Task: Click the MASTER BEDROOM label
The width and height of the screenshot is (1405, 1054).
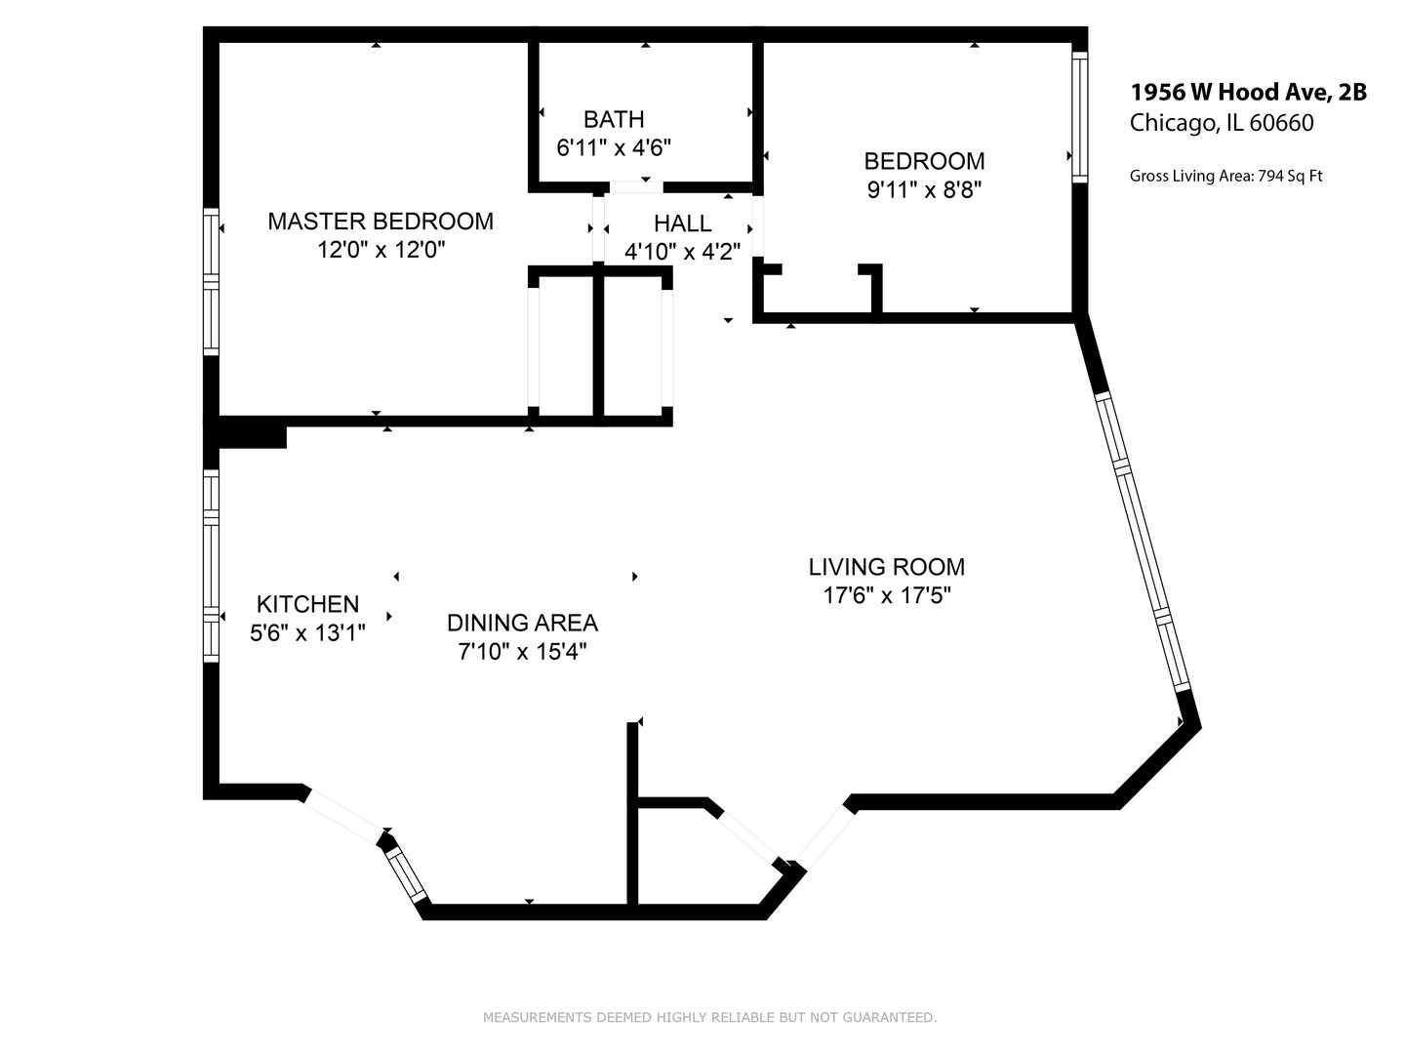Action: [x=381, y=222]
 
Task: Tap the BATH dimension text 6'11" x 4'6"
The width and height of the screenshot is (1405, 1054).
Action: [x=614, y=148]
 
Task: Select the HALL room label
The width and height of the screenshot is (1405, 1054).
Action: [x=682, y=223]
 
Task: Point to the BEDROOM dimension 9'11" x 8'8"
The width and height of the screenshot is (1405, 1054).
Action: [x=923, y=190]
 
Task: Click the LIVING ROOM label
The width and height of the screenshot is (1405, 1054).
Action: [x=886, y=567]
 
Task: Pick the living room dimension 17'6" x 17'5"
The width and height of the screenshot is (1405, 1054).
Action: [x=886, y=595]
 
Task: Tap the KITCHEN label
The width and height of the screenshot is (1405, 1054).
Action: [x=307, y=604]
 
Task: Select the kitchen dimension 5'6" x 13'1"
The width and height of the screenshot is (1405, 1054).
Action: [x=307, y=633]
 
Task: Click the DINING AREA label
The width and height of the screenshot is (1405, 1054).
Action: [x=522, y=623]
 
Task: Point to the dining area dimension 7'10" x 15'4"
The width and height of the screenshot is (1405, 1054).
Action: [x=522, y=651]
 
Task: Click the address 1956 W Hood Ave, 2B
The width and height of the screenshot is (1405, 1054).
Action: [x=1248, y=93]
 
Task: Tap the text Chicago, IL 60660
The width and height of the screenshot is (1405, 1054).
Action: [x=1222, y=123]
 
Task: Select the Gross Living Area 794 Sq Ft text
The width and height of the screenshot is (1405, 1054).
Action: [x=1225, y=177]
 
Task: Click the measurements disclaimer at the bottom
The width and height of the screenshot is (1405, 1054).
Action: [x=709, y=1018]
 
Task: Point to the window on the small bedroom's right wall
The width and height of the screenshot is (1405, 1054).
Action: [x=1079, y=116]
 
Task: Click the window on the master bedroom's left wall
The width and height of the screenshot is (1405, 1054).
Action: [x=211, y=281]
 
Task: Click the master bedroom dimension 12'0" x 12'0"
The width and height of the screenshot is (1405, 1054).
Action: [x=381, y=250]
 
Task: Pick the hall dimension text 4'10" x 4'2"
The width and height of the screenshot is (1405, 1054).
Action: [x=682, y=252]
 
